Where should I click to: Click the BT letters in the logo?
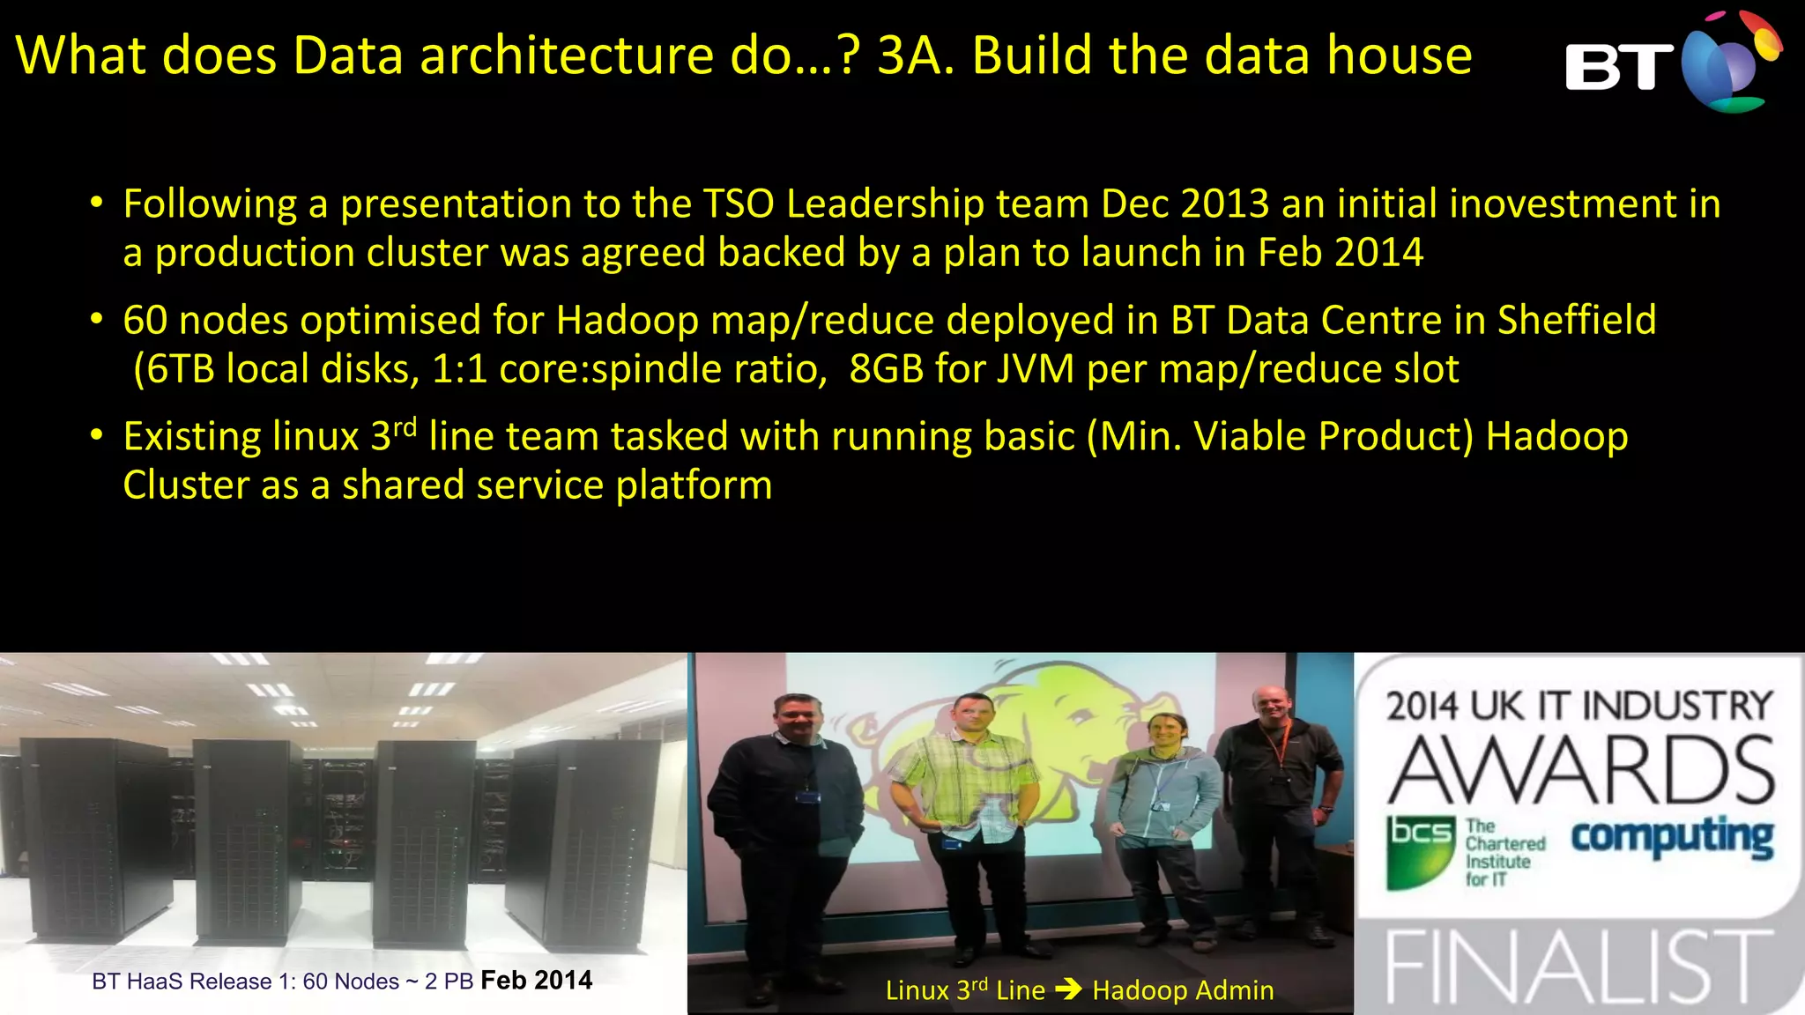click(x=1618, y=67)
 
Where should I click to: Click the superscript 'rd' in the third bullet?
click(x=405, y=428)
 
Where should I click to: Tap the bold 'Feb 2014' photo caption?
click(x=536, y=980)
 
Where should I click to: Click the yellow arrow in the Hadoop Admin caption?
click(x=1068, y=989)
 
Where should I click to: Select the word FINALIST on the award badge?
click(x=1578, y=967)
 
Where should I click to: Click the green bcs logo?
click(x=1420, y=850)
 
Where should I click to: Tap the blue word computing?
click(x=1672, y=837)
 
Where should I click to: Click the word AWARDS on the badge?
click(x=1579, y=771)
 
